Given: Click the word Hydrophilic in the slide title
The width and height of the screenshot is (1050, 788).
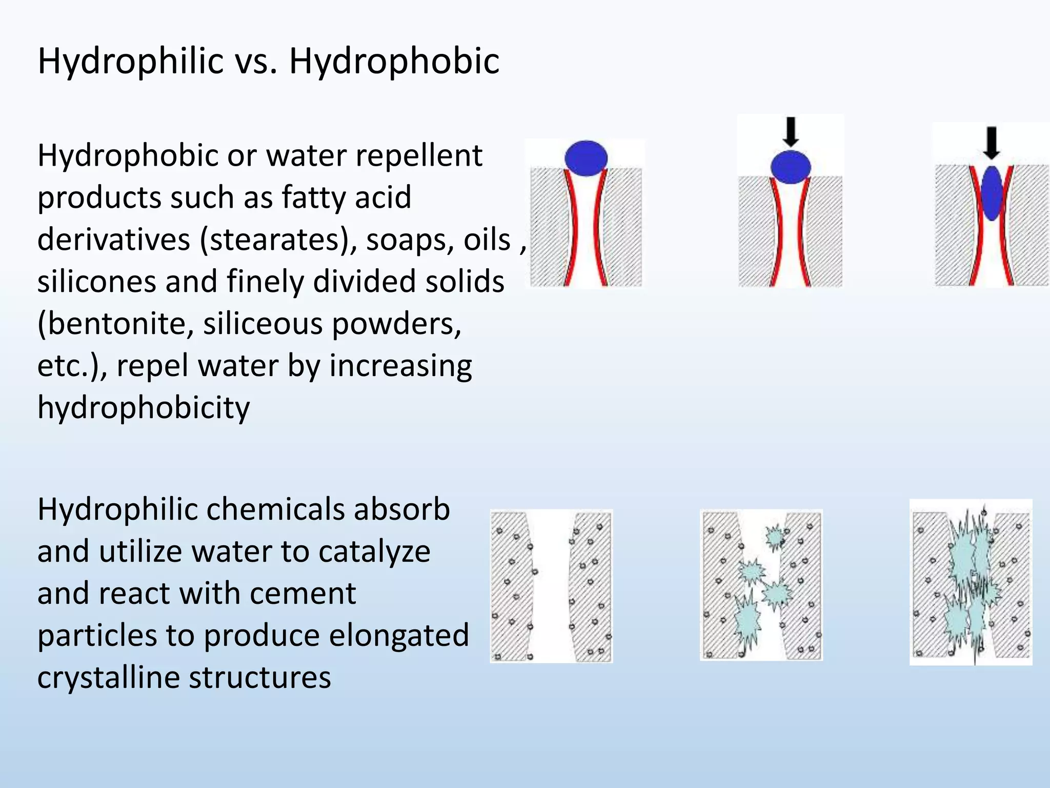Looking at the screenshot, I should pyautogui.click(x=131, y=62).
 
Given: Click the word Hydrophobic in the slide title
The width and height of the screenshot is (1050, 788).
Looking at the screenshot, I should pyautogui.click(x=394, y=62).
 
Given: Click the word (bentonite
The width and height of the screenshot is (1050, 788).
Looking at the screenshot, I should pyautogui.click(x=115, y=324).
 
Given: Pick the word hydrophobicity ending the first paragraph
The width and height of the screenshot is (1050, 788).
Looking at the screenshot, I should pyautogui.click(x=144, y=408).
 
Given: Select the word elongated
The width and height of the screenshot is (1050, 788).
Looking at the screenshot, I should pyautogui.click(x=399, y=636).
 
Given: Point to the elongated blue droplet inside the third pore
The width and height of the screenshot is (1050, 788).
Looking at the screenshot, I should pyautogui.click(x=993, y=193).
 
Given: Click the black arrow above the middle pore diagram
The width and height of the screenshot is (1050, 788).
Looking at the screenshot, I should pyautogui.click(x=791, y=131).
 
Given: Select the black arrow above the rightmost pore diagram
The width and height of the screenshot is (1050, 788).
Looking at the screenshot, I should pyautogui.click(x=992, y=142).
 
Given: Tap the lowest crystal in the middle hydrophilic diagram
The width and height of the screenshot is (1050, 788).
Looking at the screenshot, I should pyautogui.click(x=746, y=622).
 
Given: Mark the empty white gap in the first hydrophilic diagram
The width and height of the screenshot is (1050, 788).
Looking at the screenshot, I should pyautogui.click(x=551, y=585).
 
